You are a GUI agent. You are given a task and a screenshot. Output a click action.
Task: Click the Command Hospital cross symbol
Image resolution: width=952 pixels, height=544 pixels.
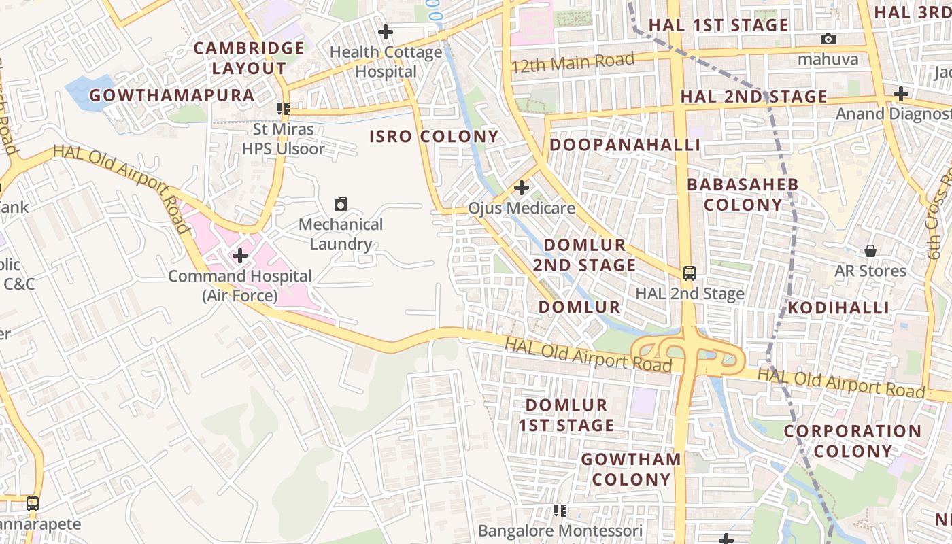(x=239, y=256)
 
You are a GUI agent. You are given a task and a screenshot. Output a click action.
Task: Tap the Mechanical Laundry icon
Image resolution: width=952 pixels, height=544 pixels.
(x=341, y=204)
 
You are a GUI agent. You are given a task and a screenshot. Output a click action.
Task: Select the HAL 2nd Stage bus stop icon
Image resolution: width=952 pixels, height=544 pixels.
(x=690, y=273)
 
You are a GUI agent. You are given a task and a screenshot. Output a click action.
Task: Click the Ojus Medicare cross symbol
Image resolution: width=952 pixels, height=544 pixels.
(x=522, y=188)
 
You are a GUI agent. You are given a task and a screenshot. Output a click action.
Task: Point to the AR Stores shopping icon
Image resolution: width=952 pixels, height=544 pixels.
(x=870, y=251)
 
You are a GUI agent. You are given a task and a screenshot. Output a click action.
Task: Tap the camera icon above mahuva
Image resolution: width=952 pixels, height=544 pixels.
(x=828, y=39)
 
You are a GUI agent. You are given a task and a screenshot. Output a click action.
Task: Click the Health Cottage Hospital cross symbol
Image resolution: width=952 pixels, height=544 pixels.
(x=386, y=32)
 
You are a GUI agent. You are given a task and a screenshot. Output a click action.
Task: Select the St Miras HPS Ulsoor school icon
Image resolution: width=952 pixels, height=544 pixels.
(x=284, y=109)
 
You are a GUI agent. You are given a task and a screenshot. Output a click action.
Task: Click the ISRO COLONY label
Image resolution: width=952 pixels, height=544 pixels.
(x=434, y=136)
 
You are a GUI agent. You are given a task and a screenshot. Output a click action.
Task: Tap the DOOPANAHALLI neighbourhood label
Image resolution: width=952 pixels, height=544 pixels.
(x=624, y=144)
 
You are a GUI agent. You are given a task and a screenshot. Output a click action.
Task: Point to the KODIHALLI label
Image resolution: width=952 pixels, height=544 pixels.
(x=838, y=307)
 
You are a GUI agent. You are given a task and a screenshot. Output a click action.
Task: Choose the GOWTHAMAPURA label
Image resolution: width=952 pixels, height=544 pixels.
(x=171, y=95)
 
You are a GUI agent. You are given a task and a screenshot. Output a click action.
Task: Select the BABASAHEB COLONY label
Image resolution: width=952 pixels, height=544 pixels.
(x=743, y=194)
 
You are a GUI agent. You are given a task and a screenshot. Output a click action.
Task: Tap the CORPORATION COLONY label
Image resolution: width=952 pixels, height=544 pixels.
(x=852, y=441)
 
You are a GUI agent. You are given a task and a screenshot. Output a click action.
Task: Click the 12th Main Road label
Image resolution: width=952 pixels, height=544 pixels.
(x=573, y=63)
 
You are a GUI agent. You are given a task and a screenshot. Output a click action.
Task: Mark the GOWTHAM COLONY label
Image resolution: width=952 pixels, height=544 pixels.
(x=630, y=469)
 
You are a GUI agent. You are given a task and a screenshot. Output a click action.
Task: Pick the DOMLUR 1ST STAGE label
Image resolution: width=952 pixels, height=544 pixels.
(x=566, y=415)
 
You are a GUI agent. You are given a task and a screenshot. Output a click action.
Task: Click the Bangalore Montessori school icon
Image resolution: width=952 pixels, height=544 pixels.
(x=560, y=511)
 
